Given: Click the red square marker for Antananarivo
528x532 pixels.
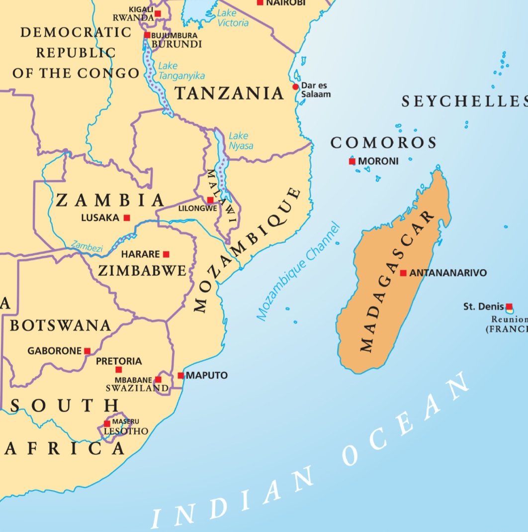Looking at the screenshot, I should coord(403,273).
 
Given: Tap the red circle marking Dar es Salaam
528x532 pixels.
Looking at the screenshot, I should coord(295,87).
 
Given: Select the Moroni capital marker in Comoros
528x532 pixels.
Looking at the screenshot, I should coord(352,161).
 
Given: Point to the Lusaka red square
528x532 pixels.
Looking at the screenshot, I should coord(127,217).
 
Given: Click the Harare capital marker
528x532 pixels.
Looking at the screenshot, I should coord(166,254).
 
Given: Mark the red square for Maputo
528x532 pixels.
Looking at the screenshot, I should coord(181,375).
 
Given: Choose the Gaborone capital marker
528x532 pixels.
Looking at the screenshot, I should coord(88,351).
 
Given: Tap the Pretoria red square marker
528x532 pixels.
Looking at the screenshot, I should coord(119,370).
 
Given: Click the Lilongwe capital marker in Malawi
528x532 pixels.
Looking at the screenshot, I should coord(210,200).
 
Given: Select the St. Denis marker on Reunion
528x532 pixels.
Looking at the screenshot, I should coord(509,307).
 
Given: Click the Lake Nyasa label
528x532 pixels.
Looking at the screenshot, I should coord(241,140).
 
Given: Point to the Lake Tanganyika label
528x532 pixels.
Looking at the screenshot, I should coord(181,71).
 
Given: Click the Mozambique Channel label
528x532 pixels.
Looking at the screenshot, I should coord(298,271).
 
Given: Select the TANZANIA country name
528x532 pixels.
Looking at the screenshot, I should coord(229,93).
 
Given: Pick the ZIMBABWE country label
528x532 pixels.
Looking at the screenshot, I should coord(142,271).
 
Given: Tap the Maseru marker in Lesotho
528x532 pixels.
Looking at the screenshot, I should coord(107,424).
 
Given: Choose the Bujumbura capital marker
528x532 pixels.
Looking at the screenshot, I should coord(147,35).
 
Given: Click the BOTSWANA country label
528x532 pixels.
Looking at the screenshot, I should coord(60,325).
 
